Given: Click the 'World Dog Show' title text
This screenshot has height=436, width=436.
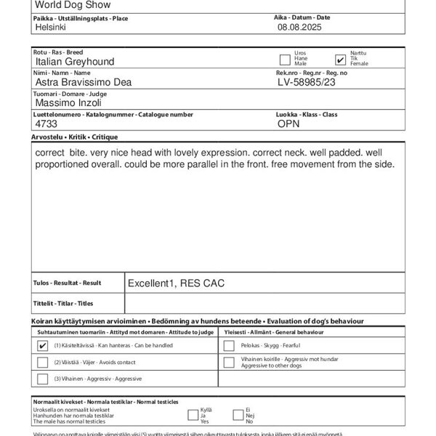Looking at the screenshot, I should tap(69, 4).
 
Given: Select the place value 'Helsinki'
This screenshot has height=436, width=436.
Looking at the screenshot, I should tap(51, 27).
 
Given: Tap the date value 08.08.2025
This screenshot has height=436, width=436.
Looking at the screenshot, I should tap(299, 27).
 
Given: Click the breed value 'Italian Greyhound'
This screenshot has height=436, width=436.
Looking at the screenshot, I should tap(75, 62).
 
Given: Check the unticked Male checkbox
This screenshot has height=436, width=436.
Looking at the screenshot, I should tap(285, 60).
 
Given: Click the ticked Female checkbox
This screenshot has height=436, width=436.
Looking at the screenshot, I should tap(340, 60).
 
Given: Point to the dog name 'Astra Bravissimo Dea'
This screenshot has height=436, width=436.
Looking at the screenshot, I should tap(83, 83).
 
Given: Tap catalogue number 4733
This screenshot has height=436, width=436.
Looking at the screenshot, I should tap(46, 124).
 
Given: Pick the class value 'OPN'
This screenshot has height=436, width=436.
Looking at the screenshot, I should tap(288, 124).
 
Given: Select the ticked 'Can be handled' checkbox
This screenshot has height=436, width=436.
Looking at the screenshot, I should tap(42, 346).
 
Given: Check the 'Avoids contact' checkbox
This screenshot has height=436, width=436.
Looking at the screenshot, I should tap(42, 362).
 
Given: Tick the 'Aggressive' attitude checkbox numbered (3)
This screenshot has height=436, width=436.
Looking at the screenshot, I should tap(42, 379).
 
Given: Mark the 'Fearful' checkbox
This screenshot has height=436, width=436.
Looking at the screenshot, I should tap(229, 346).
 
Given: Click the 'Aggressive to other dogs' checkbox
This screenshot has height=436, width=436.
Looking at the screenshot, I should tap(229, 362).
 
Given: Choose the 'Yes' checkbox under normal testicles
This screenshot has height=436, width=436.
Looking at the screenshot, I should tap(193, 415).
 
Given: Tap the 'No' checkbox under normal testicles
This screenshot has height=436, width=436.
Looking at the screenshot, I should tap(238, 415).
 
